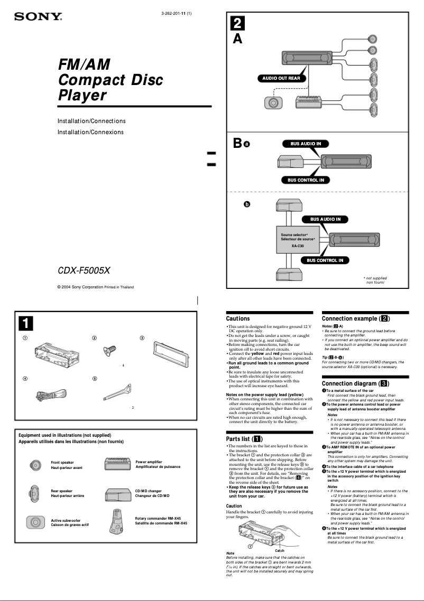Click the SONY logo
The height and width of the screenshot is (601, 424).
coord(38,17)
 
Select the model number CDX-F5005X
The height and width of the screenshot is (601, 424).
coord(84,271)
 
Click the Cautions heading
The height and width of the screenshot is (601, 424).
coord(238,318)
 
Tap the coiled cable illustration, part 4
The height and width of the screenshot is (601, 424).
coord(50,395)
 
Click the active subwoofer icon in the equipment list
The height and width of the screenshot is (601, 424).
coord(35,522)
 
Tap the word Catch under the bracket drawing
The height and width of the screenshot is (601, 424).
coord(280,550)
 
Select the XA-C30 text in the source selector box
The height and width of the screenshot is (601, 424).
coord(298,246)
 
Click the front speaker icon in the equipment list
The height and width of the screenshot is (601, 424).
coord(35,465)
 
